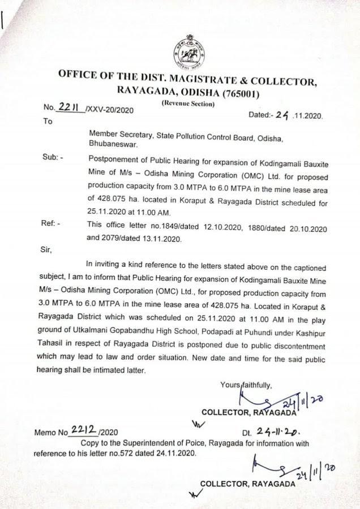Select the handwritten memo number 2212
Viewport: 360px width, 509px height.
pyautogui.click(x=84, y=432)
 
